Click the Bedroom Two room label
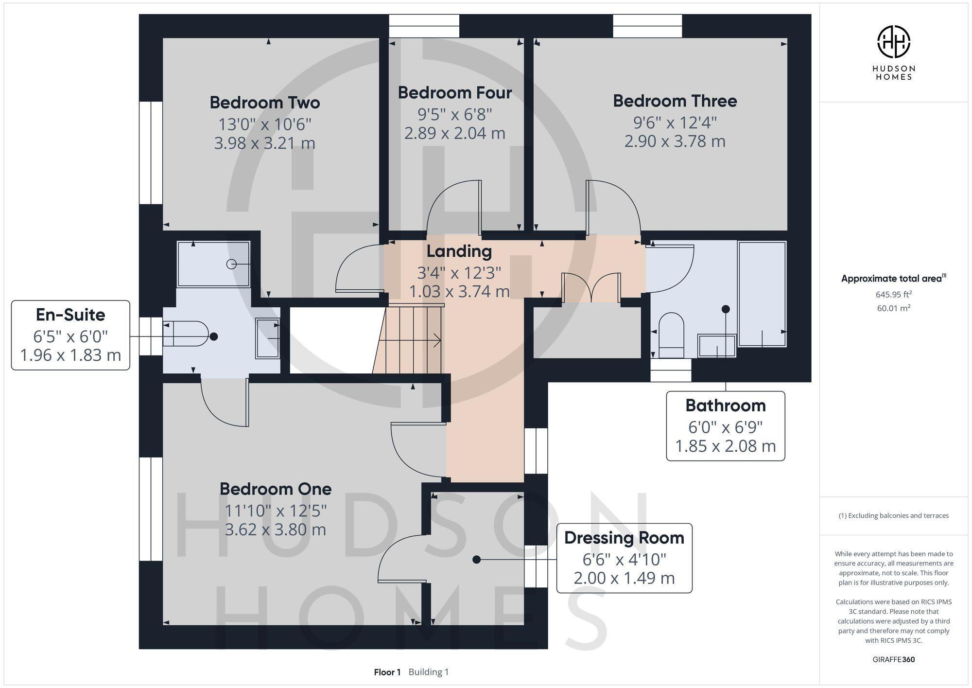coord(265,103)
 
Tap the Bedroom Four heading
coord(455,93)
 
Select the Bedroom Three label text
coord(675,101)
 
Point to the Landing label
coord(459,251)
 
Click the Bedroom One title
coord(276,489)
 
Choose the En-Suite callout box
coord(70,335)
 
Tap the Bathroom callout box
coord(725,426)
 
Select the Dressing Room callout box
coord(624,558)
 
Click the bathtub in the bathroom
coord(762,294)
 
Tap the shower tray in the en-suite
coord(214,264)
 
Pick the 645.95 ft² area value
coord(893,294)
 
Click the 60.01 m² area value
coord(893,308)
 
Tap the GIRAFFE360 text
coord(893,660)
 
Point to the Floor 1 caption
coord(387,672)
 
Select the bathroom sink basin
coord(717,346)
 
